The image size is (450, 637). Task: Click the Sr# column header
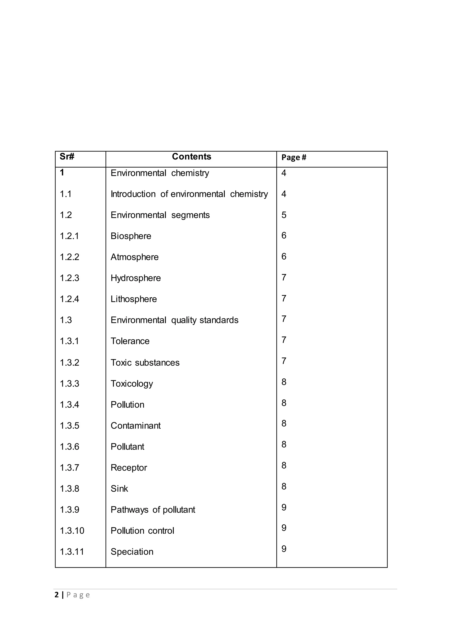coord(67,157)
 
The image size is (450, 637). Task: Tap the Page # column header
coord(294,157)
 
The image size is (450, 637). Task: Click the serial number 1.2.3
coord(70,278)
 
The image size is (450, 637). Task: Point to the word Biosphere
coord(131,236)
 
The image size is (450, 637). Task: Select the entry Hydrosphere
coord(136,278)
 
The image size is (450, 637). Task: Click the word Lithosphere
coord(134,299)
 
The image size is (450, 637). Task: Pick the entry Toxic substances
coord(145,363)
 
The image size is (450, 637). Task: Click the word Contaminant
coord(136,426)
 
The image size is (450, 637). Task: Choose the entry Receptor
coord(129,468)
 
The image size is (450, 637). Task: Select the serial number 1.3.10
coord(72,531)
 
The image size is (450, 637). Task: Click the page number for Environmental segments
coord(284,215)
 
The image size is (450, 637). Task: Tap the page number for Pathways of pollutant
coord(284,507)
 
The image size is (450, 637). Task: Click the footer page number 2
coord(57,595)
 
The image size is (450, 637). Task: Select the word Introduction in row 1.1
coord(133,194)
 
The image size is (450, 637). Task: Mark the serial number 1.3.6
coord(70,447)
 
